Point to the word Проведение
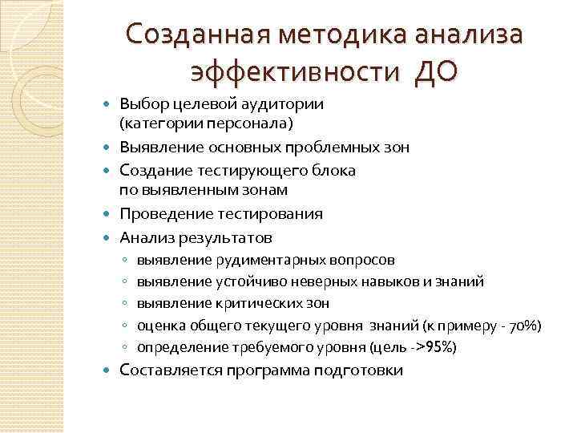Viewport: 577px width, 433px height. [163, 214]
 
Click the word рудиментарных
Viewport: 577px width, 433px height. [272, 260]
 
